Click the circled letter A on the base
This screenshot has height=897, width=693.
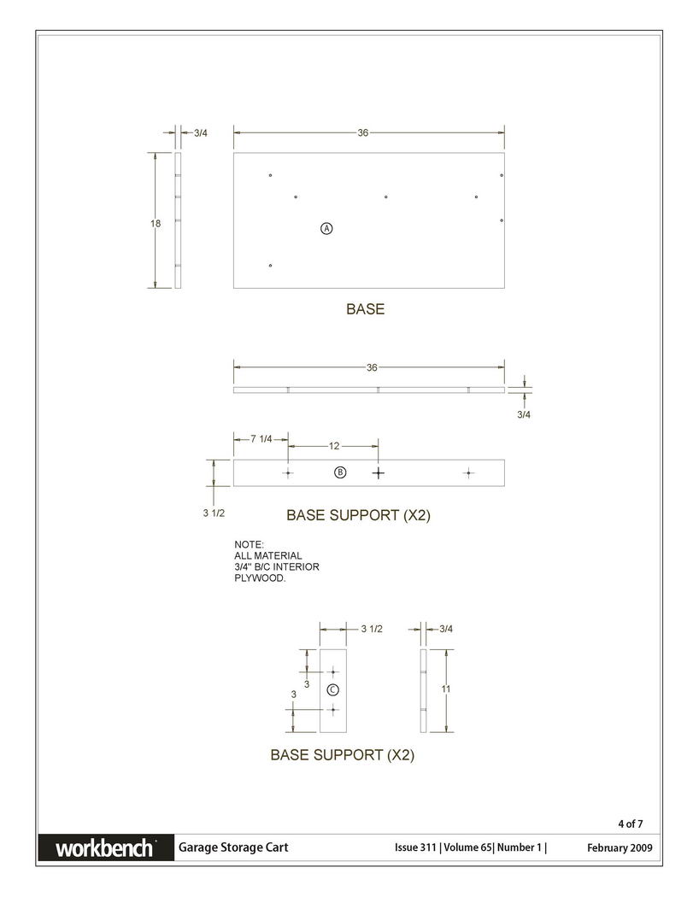(326, 228)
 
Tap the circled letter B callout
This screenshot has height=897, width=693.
(340, 472)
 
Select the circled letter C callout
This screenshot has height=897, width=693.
(332, 690)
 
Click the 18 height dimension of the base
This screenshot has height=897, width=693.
(156, 224)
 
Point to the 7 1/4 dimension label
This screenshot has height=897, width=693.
(261, 439)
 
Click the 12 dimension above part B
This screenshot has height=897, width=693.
(334, 446)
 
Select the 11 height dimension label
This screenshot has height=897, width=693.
(446, 689)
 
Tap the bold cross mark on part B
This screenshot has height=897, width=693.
(379, 473)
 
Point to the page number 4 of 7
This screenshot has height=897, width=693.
(630, 824)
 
